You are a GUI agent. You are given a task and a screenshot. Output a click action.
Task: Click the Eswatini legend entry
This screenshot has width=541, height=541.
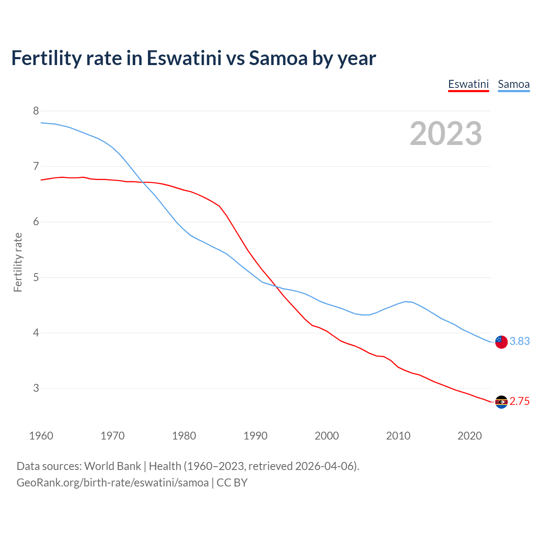(x=468, y=84)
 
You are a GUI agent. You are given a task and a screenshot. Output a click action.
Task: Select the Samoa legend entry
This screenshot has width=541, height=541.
(x=514, y=84)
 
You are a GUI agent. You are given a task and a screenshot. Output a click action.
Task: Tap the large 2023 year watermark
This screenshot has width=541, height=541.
(x=446, y=134)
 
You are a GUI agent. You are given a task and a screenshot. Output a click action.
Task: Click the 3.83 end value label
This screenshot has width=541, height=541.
(x=519, y=341)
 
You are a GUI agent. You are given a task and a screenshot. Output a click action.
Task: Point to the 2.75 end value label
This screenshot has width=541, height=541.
(x=519, y=402)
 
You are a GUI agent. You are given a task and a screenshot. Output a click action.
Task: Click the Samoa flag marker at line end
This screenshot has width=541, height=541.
(x=501, y=342)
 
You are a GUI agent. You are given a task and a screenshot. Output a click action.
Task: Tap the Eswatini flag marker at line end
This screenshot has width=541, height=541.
(x=501, y=402)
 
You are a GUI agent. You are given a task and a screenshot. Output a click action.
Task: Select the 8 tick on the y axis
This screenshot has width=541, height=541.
(x=36, y=111)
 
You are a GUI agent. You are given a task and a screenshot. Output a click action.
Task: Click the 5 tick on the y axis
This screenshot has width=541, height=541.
(x=36, y=277)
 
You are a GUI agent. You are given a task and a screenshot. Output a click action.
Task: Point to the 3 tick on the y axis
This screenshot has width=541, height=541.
(x=36, y=388)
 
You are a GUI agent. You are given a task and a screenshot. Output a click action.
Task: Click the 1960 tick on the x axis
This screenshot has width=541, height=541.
(x=41, y=436)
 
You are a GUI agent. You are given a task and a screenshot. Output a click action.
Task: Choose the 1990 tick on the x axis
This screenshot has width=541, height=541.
(x=255, y=436)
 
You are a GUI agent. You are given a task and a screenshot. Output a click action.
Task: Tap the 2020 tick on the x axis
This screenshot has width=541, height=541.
(x=470, y=436)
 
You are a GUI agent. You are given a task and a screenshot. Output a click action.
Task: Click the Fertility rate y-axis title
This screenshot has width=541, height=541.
(x=18, y=262)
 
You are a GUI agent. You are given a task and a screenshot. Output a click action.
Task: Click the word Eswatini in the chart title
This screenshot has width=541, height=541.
(x=184, y=58)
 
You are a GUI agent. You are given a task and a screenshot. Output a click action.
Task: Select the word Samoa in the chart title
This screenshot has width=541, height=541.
(x=278, y=58)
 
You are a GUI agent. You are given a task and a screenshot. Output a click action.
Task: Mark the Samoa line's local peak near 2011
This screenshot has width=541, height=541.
(x=406, y=301)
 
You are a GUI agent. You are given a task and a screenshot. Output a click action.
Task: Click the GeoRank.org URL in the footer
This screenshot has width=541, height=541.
(x=112, y=483)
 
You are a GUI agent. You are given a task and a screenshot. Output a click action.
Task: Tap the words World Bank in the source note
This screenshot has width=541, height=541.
(x=112, y=466)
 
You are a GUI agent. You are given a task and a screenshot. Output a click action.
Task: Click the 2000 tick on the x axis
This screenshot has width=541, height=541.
(x=327, y=436)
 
